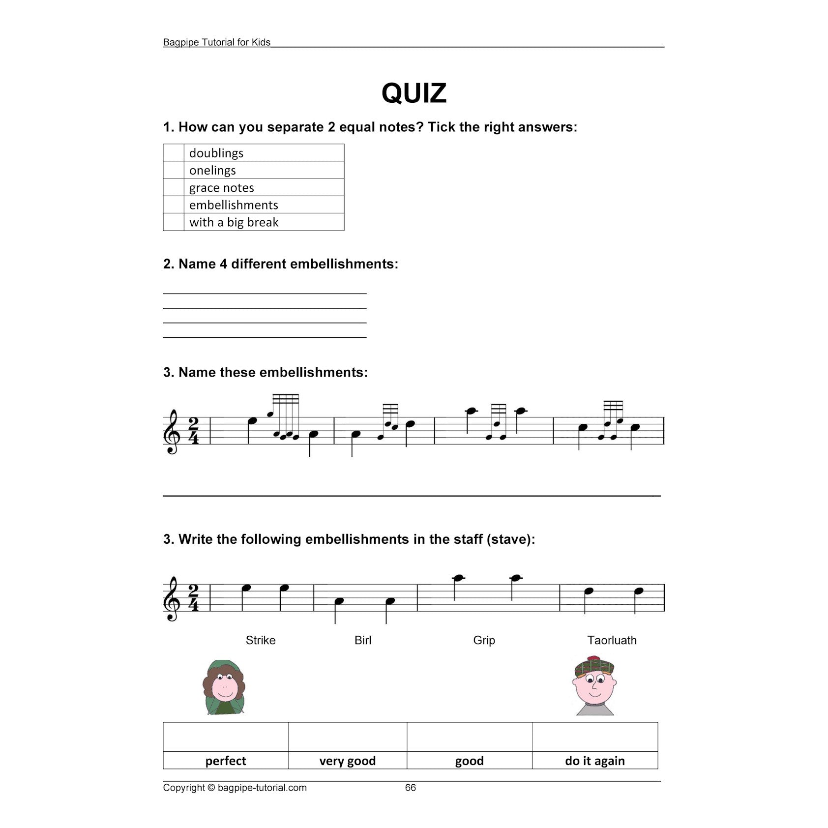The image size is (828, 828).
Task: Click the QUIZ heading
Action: point(414,93)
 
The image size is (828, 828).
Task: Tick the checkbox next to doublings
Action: point(173,153)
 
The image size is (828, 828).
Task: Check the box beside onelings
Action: point(173,170)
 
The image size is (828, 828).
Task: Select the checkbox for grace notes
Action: point(173,187)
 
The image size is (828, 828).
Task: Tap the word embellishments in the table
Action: point(234,205)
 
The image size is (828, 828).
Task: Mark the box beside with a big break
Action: point(173,222)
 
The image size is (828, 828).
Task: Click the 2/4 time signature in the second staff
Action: point(193,598)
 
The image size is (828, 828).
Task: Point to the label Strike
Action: point(261,640)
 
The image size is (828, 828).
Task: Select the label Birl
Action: point(363,640)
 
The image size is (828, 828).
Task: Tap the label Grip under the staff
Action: point(484,640)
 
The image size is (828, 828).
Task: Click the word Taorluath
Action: point(612,640)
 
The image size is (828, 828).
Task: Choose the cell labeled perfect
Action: point(226,761)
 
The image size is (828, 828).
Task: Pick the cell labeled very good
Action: point(347,761)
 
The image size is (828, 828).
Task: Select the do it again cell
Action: point(594,761)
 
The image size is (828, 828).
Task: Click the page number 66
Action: point(410,788)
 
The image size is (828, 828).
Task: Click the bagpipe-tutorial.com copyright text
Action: point(235,788)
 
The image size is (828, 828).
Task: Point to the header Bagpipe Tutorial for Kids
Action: point(217,42)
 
